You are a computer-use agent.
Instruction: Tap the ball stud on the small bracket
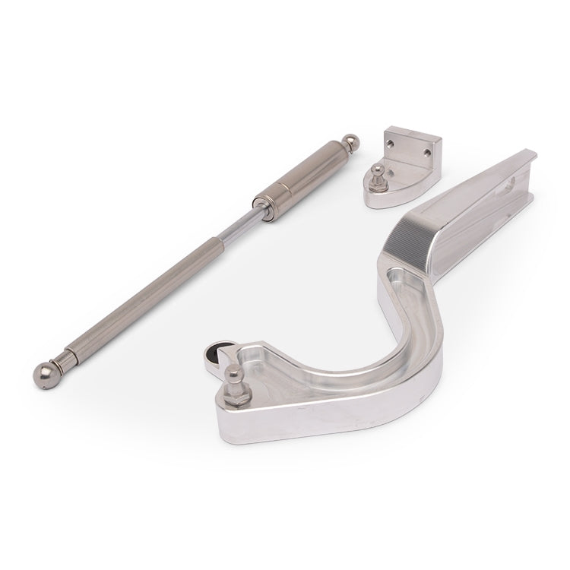pos(377,169)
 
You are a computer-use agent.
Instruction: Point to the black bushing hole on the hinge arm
pos(217,350)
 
